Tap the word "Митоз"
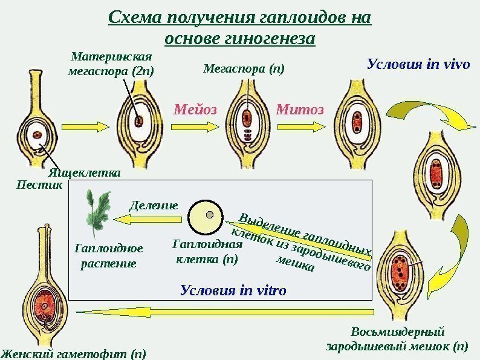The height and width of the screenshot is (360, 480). (300, 110)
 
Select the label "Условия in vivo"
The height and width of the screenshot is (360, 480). (418, 64)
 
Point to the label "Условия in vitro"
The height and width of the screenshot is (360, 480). (233, 290)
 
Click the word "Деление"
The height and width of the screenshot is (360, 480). (154, 205)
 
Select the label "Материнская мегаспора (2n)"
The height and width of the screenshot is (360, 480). (111, 64)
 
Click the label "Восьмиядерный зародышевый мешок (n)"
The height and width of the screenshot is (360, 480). (397, 339)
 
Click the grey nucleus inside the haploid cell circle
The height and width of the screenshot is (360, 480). (209, 215)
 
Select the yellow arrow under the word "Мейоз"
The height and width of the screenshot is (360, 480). (195, 126)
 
